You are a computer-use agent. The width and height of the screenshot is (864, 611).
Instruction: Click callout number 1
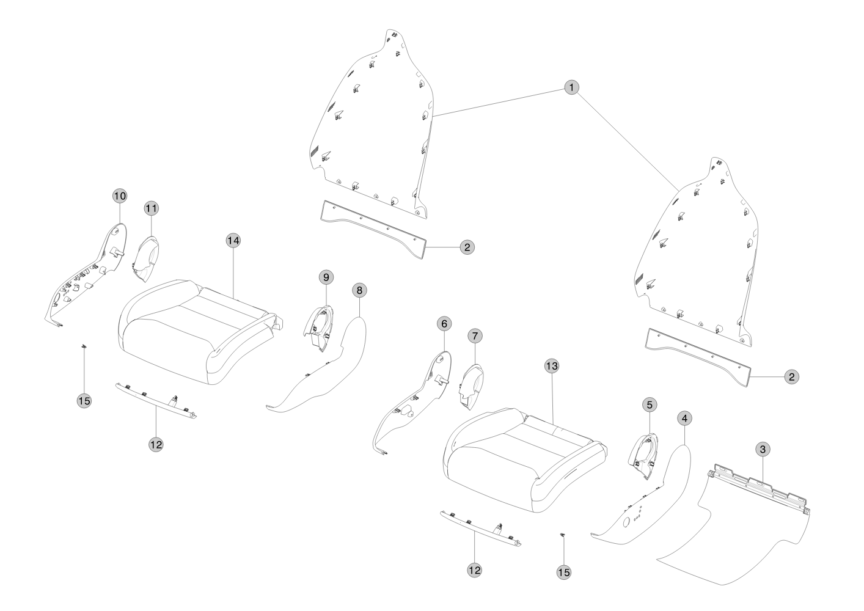(x=571, y=88)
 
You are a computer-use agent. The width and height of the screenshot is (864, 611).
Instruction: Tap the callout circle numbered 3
(x=762, y=449)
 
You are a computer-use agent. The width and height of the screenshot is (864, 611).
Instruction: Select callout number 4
(x=685, y=419)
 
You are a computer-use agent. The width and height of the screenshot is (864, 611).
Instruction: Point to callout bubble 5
(x=650, y=404)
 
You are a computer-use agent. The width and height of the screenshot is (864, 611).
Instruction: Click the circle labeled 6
(x=444, y=323)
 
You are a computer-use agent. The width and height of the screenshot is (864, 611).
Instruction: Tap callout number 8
(x=359, y=290)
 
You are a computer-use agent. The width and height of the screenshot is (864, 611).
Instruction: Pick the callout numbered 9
(x=326, y=277)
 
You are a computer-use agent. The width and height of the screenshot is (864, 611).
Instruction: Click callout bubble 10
(x=120, y=196)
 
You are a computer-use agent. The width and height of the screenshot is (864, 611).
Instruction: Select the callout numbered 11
(x=151, y=208)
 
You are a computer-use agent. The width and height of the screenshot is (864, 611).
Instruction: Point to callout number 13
(x=552, y=366)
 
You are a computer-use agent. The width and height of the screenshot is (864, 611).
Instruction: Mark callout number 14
(x=232, y=240)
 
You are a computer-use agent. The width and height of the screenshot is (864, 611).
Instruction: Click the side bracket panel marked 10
(x=92, y=275)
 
